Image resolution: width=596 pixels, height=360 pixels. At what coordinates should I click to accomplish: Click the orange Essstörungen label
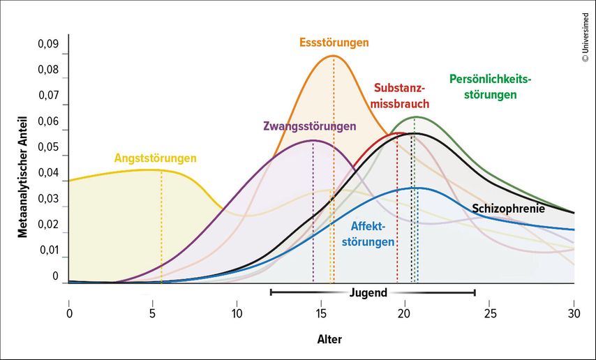coord(334,43)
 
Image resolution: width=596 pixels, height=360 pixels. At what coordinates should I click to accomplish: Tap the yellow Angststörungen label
coord(156,158)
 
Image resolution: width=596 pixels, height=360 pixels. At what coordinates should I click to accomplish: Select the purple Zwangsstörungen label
coord(309,126)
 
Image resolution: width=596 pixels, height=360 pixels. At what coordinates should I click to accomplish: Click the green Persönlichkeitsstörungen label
coord(490,87)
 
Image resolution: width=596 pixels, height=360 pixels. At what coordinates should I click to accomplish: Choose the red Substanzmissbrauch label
coord(401,96)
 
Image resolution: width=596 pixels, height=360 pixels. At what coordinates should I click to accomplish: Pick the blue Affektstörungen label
coord(373,234)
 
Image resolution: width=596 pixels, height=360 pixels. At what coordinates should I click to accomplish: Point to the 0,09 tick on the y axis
coord(48,44)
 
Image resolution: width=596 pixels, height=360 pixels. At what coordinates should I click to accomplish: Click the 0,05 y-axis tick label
coord(48,147)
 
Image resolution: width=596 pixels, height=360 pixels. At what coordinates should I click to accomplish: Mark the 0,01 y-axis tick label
coord(48,250)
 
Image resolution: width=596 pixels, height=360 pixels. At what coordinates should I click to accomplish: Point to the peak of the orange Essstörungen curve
coord(334,56)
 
